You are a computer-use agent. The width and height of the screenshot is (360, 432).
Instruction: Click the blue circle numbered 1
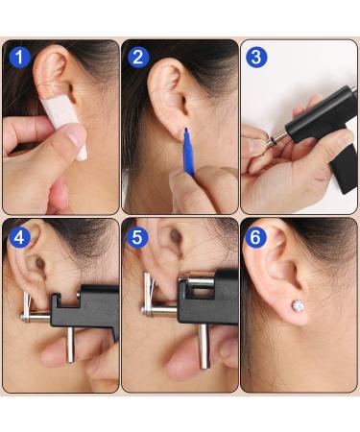click(19, 58)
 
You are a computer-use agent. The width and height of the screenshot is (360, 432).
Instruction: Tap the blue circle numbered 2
click(138, 58)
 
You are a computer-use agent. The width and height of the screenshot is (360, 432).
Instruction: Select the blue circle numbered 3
click(256, 58)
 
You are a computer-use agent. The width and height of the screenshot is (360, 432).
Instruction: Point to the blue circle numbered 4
click(19, 238)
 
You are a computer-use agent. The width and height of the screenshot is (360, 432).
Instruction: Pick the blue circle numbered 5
click(137, 238)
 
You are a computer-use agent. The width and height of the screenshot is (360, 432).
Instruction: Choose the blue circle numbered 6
click(255, 238)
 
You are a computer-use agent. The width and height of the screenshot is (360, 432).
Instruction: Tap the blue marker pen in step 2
click(188, 151)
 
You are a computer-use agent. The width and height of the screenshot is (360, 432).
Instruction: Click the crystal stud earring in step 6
click(298, 306)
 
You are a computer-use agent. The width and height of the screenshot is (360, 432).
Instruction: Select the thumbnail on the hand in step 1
click(76, 136)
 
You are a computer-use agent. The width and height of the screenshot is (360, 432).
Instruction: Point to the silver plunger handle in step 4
click(70, 345)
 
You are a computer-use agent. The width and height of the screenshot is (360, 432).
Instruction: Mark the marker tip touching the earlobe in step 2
click(185, 130)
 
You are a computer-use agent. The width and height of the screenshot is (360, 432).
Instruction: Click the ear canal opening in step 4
click(40, 264)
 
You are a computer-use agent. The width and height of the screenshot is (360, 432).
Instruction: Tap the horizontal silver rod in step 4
click(36, 318)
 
